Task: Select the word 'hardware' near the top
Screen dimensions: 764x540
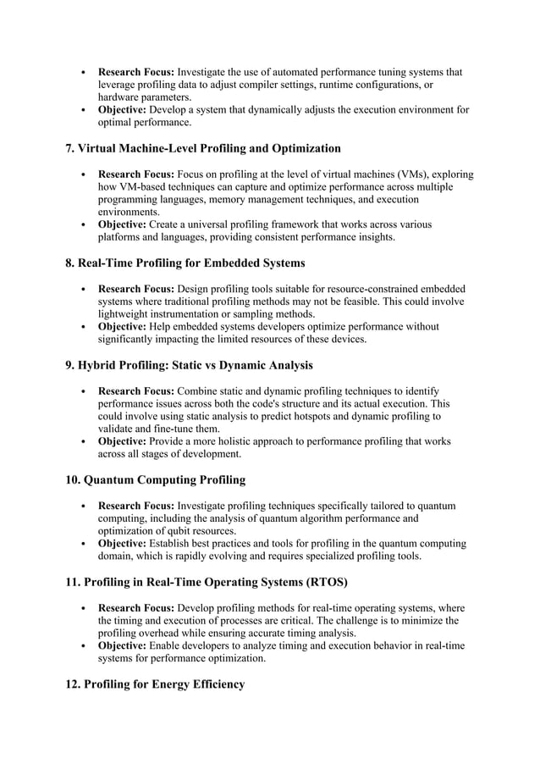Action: tap(121, 97)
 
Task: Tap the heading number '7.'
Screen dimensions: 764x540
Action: tap(71, 148)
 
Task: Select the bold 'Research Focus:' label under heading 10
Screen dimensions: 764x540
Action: tap(136, 506)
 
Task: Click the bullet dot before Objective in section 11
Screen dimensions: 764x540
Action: tap(81, 645)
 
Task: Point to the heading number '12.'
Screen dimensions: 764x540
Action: tap(74, 684)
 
